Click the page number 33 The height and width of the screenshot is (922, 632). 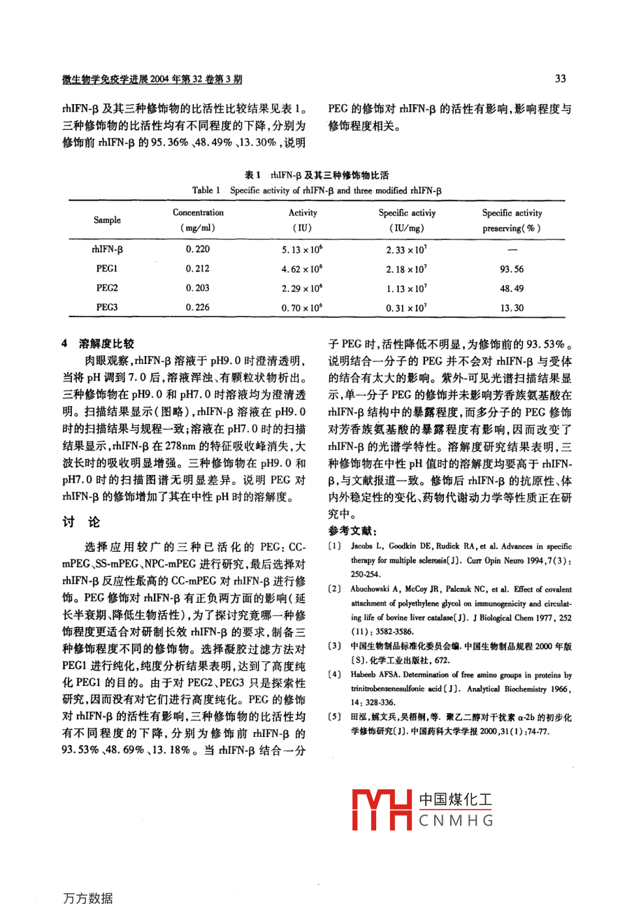(560, 79)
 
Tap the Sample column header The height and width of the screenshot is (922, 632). (107, 220)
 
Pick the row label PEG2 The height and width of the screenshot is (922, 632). (107, 288)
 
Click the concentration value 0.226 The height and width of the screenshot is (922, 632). (198, 307)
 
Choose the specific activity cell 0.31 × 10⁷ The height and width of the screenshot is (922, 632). (406, 307)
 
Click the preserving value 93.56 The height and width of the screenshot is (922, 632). (512, 269)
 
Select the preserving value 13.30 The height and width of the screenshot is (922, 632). (512, 307)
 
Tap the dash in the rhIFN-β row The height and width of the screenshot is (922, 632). (512, 249)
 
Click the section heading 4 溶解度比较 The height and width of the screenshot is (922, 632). (98, 344)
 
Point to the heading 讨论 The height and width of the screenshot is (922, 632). (82, 522)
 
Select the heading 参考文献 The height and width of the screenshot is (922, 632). (352, 531)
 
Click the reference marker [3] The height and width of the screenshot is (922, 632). (334, 646)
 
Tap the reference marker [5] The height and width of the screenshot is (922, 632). (334, 717)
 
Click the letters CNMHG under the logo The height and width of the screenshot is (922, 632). (457, 821)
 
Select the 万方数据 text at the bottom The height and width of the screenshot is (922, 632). (87, 899)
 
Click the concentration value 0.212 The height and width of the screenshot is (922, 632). (198, 268)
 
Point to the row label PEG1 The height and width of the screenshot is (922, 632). (107, 268)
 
